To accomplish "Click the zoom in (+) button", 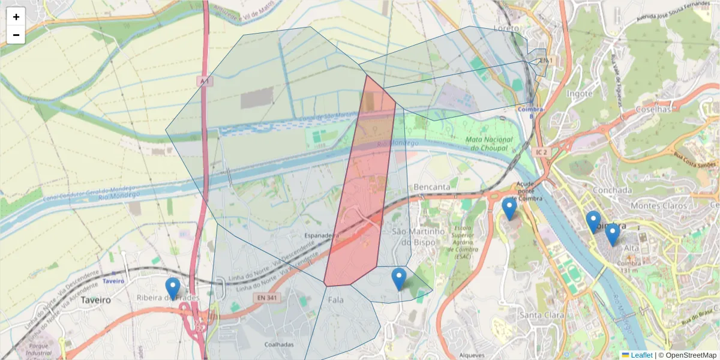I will click(16, 17).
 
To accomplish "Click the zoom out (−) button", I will click(16, 35).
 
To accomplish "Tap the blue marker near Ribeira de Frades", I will click(173, 288).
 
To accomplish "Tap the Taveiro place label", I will click(96, 299).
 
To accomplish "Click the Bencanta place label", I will click(432, 187).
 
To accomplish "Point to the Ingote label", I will click(580, 94).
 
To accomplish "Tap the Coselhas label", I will click(653, 110).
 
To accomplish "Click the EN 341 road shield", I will click(268, 297).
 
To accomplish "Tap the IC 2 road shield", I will click(541, 152).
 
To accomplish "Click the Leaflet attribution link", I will click(641, 355).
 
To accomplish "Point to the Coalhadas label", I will click(279, 344).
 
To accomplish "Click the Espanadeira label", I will click(322, 236).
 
